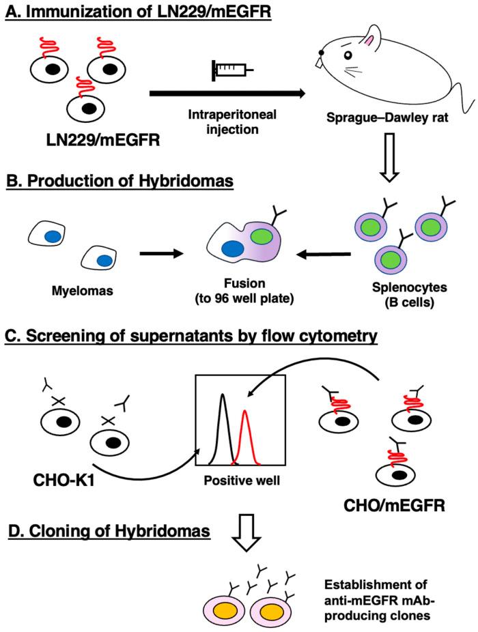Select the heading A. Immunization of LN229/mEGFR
[138, 13]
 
